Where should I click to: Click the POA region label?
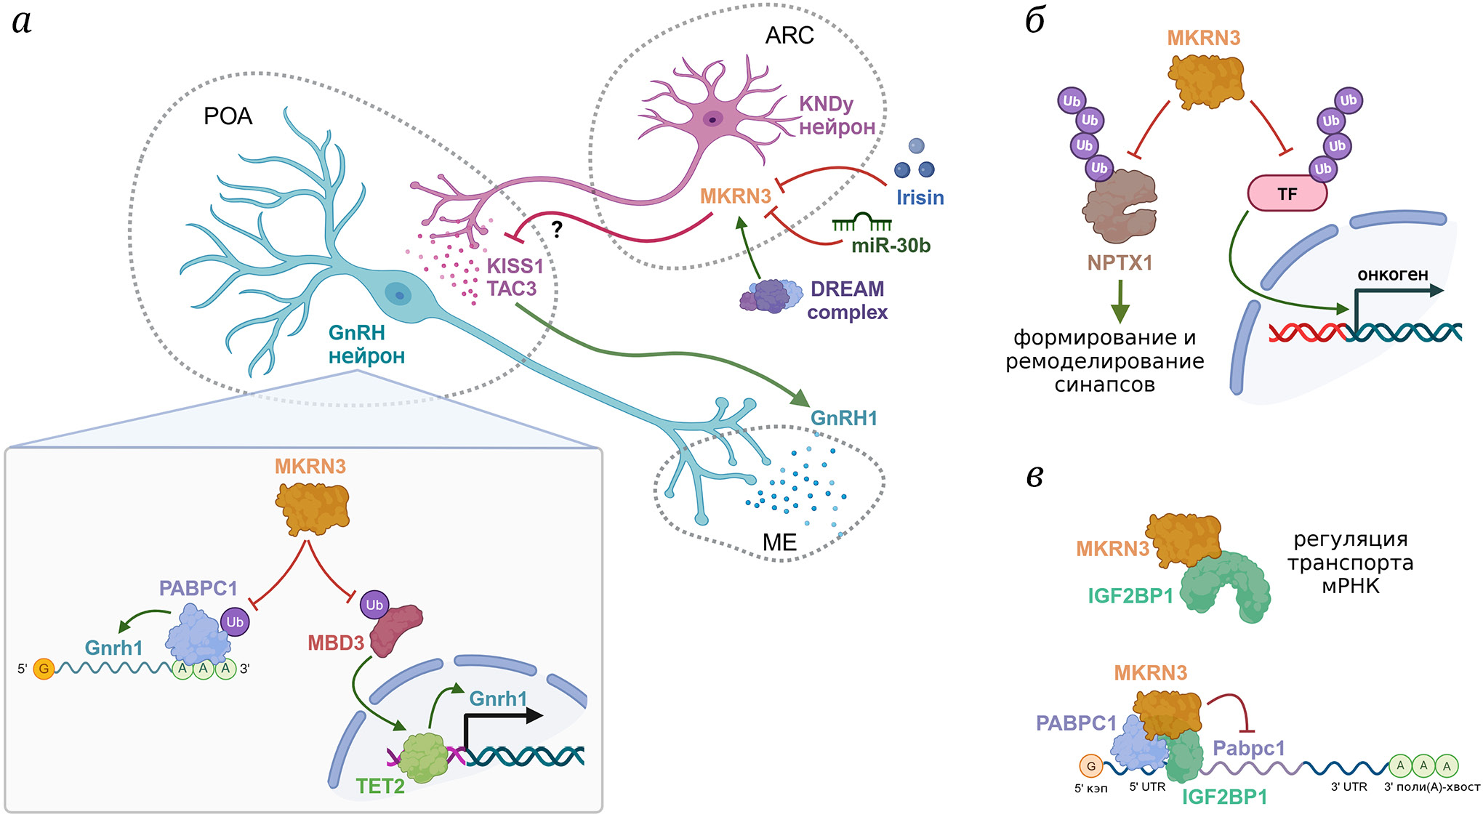pos(228,116)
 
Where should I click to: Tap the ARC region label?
pos(789,35)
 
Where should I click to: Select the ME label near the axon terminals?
pos(779,542)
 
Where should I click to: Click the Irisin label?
pos(920,198)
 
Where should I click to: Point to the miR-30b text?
pos(891,246)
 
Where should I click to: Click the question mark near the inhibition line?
pos(557,230)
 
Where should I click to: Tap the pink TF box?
pos(1287,194)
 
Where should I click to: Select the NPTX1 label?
pos(1120,262)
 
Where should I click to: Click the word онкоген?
pos(1392,275)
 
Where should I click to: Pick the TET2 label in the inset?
pos(379,786)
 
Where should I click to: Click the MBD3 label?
pos(336,643)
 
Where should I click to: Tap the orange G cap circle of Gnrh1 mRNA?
pos(44,669)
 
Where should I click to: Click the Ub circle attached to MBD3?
pos(374,605)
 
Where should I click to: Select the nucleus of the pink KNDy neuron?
pos(712,119)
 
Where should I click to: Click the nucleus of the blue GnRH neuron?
pos(398,294)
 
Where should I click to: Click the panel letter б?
pos(1034,20)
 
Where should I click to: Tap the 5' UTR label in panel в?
pos(1147,786)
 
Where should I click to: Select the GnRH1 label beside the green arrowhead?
pos(844,419)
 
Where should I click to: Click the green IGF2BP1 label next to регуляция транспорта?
pos(1130,596)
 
